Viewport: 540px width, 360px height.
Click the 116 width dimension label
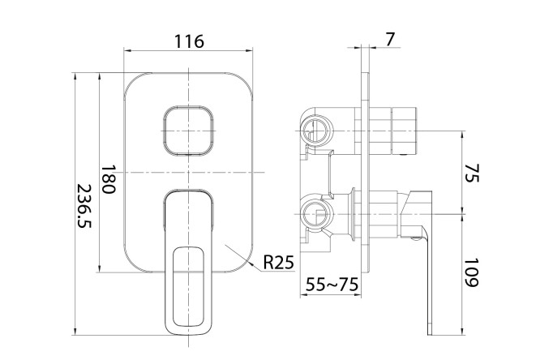(188, 41)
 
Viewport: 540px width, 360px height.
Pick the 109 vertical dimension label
(473, 272)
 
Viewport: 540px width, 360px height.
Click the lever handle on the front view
(189, 268)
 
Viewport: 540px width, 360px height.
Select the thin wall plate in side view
(370, 186)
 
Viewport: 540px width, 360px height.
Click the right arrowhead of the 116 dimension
(251, 51)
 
